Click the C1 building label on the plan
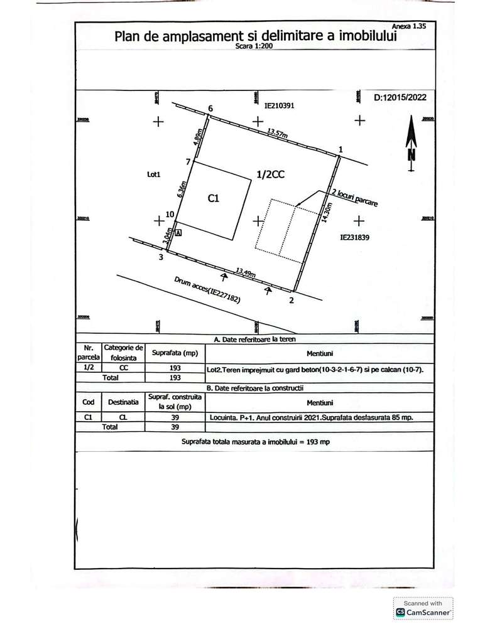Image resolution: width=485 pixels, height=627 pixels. pyautogui.click(x=213, y=198)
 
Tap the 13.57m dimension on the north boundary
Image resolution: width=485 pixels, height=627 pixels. pyautogui.click(x=277, y=133)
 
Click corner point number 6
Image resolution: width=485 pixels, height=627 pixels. pyautogui.click(x=210, y=109)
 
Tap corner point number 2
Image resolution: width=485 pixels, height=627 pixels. pyautogui.click(x=290, y=301)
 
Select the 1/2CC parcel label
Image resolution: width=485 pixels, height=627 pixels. pyautogui.click(x=271, y=176)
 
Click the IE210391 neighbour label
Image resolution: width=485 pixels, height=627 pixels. pyautogui.click(x=279, y=107)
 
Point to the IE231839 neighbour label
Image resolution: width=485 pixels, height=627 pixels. pyautogui.click(x=354, y=238)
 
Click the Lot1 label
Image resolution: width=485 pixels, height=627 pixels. pyautogui.click(x=155, y=176)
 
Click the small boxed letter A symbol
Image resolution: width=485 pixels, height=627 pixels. pyautogui.click(x=178, y=232)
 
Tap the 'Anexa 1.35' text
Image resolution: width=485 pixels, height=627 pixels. pyautogui.click(x=408, y=27)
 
